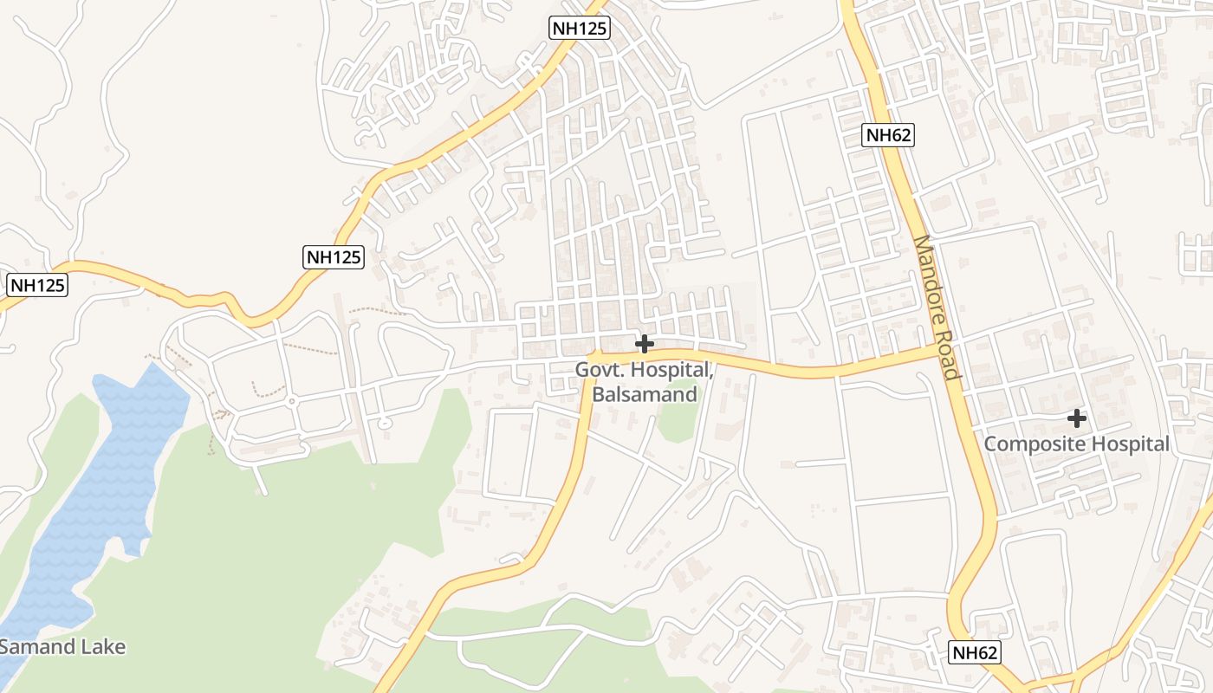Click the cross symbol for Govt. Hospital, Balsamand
coord(644,344)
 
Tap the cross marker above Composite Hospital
coord(1076,418)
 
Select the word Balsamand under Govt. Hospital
coord(644,394)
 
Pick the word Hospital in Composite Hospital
coord(1127,444)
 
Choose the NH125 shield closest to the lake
coord(37,284)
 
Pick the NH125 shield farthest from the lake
coord(581,28)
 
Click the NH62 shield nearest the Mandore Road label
coord(889,134)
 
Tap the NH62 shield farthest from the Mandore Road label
coord(974,652)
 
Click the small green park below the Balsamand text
coord(677,421)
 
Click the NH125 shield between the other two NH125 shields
coord(334,256)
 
